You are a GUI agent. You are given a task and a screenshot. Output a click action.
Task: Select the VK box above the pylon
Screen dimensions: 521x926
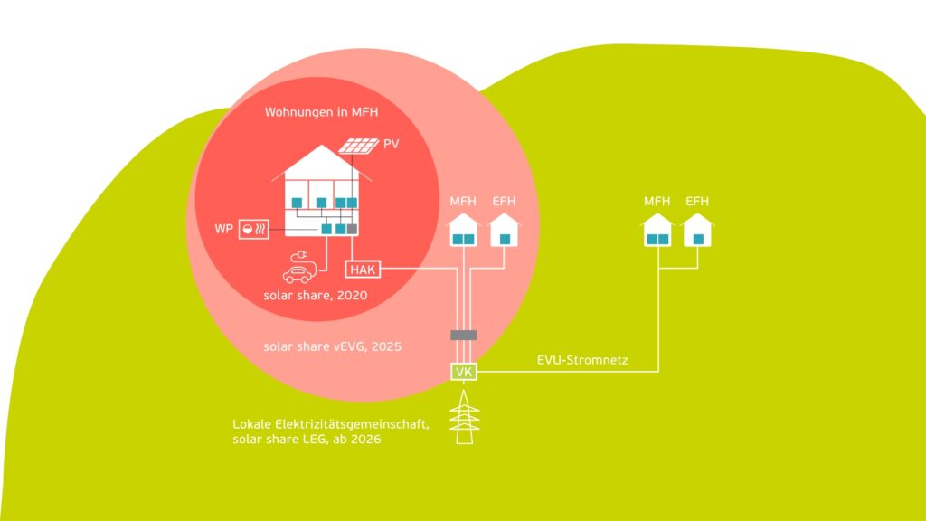463,371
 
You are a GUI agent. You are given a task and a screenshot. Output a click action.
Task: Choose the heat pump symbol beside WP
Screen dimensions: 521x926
252,230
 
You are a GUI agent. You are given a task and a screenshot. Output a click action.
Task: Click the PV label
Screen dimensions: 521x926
390,144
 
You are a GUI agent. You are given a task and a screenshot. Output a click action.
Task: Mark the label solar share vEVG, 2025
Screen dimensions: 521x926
332,346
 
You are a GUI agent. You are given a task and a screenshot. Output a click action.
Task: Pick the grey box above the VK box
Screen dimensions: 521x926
463,336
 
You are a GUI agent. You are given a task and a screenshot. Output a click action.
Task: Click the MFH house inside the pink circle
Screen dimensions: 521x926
463,232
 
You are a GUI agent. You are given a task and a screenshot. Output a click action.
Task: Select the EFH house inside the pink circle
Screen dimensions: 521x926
504,232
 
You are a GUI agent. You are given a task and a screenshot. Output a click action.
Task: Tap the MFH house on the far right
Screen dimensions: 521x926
657,232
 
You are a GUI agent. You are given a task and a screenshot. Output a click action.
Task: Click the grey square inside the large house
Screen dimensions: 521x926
353,229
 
